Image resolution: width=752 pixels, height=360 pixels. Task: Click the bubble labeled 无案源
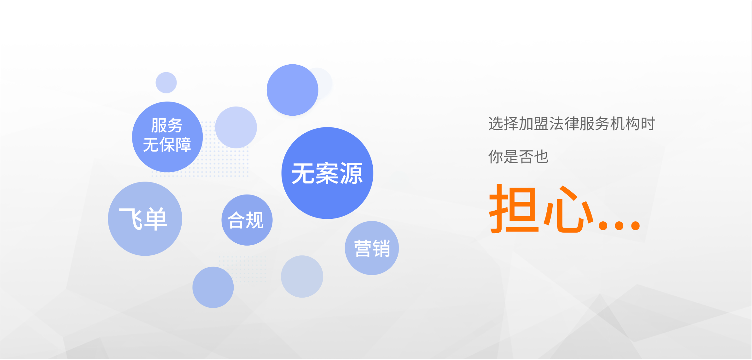pyautogui.click(x=327, y=173)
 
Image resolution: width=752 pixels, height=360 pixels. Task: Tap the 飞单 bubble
pyautogui.click(x=145, y=219)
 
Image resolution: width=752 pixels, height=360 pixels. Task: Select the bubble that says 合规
pyautogui.click(x=247, y=220)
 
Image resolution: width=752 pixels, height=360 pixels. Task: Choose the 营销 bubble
pyautogui.click(x=372, y=248)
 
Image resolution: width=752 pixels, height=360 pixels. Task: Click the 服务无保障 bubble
pyautogui.click(x=167, y=137)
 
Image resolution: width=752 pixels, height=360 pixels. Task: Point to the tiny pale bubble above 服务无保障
pyautogui.click(x=166, y=83)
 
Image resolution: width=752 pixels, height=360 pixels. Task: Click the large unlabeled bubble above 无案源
pyautogui.click(x=293, y=90)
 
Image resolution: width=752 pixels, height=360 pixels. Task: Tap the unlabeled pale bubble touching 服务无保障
pyautogui.click(x=236, y=127)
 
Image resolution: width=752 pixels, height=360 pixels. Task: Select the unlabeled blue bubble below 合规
pyautogui.click(x=213, y=287)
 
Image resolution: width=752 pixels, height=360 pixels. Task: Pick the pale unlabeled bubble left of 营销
pyautogui.click(x=302, y=276)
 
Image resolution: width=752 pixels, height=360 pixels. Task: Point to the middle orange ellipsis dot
pyautogui.click(x=619, y=225)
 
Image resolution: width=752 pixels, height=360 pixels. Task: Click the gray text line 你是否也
pyautogui.click(x=519, y=157)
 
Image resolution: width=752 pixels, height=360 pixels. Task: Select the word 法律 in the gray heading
pyautogui.click(x=564, y=124)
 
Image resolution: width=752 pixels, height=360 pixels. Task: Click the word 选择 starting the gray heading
pyautogui.click(x=504, y=124)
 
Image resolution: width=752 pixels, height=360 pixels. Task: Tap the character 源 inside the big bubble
pyautogui.click(x=351, y=173)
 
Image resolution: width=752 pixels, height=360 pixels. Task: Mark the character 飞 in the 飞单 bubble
pyautogui.click(x=131, y=219)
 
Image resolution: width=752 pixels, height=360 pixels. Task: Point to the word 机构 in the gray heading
pyautogui.click(x=625, y=124)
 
